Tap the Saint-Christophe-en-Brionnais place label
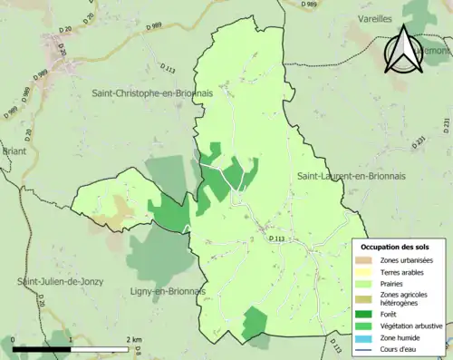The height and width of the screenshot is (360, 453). [x=147, y=92]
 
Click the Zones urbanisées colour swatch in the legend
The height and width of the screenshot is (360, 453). [x=367, y=260]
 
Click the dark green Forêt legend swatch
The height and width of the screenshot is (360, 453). [x=367, y=313]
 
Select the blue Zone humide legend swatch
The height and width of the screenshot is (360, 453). [x=367, y=337]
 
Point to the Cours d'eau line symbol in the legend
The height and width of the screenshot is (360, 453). [x=367, y=350]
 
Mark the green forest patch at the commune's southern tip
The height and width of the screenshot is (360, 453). [x=255, y=323]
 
